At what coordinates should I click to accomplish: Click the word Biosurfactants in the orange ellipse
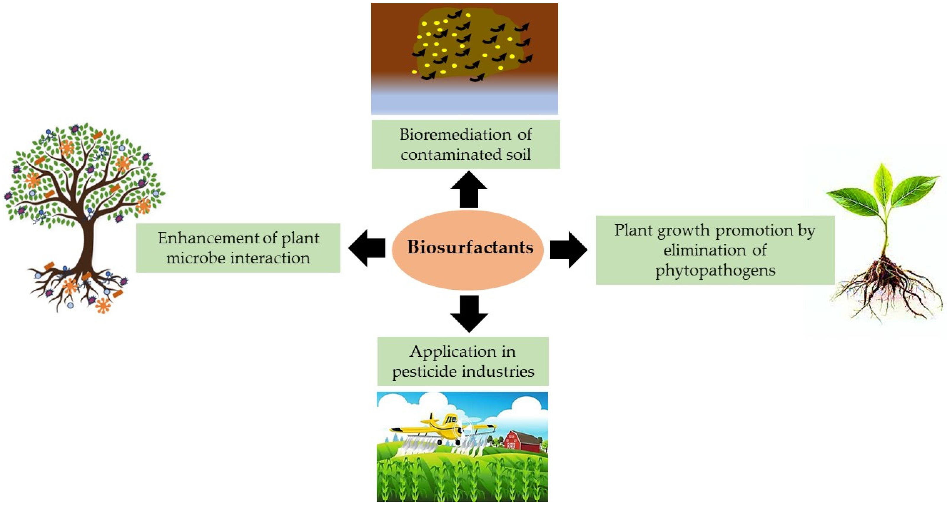470,247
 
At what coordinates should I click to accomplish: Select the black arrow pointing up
469,190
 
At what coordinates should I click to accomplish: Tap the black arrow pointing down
469,313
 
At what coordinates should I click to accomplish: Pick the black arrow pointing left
367,248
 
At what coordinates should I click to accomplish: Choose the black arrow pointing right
568,250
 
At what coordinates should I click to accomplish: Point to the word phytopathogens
715,271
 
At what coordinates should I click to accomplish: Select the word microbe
196,258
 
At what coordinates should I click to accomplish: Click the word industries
497,372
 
